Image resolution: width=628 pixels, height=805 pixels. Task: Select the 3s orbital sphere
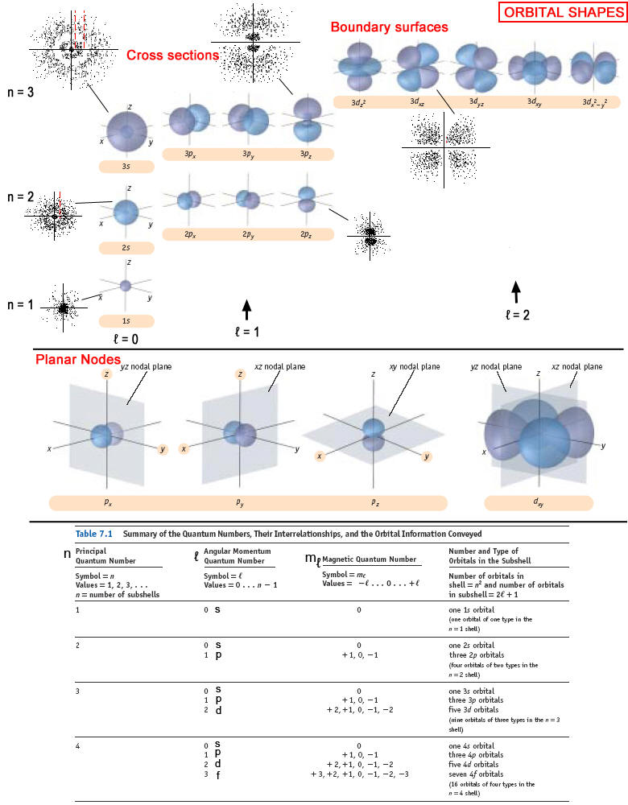[x=126, y=131]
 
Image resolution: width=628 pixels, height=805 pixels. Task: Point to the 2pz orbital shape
[x=306, y=198]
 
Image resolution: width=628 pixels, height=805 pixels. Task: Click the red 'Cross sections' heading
[x=172, y=55]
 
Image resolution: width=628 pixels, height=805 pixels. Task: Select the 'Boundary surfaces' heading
[x=389, y=27]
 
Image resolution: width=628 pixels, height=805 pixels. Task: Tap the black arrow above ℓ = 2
[x=516, y=290]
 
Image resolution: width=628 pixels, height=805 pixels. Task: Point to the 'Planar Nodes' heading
[x=77, y=358]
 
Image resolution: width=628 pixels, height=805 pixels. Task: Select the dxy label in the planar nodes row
[x=537, y=503]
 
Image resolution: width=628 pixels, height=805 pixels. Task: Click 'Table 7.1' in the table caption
[x=96, y=533]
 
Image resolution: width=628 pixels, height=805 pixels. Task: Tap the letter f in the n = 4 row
[x=218, y=774]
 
